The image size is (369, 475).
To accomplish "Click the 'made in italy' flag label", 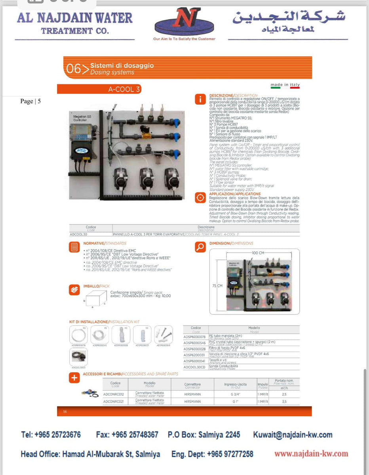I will (285, 85).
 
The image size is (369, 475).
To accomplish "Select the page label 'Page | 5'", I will (30, 101).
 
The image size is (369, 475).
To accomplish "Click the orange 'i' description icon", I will (200, 99).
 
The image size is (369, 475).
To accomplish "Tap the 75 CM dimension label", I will (217, 285).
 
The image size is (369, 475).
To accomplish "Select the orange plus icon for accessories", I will (74, 378).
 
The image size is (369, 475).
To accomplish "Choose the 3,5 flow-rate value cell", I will (284, 401).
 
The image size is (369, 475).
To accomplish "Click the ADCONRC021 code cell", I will (114, 401).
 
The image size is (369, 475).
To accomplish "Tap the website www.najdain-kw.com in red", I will (311, 454).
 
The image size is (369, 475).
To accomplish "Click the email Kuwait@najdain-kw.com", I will (293, 435).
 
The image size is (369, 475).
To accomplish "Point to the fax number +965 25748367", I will (127, 435).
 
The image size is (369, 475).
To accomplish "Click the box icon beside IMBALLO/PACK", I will (74, 290).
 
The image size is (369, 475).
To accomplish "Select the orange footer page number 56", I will (65, 412).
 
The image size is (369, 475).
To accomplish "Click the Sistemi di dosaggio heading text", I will (122, 65).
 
